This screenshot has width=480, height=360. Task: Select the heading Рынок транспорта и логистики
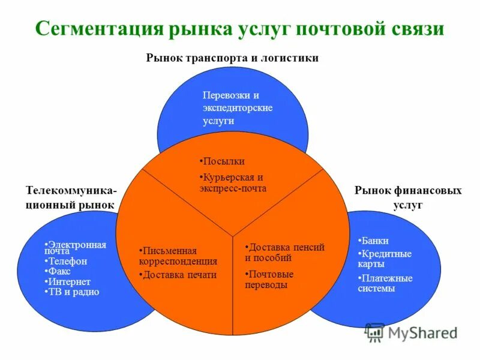pos(232,58)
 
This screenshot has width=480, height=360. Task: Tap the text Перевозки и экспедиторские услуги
pos(238,108)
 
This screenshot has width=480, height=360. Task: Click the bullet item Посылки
pos(223,161)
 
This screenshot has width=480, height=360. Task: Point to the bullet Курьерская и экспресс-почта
pos(233,183)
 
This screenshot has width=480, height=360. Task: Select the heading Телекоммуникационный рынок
pos(71,197)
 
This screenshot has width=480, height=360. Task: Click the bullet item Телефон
pos(67,262)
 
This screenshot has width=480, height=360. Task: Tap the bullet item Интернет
pos(70,282)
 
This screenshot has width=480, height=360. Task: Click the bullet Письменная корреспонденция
pos(178,256)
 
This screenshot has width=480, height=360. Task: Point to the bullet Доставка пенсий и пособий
pos(285,253)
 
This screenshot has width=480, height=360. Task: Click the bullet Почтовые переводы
pos(270,280)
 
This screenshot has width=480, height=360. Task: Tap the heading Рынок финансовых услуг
pos(408,197)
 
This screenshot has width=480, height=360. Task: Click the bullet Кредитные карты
pos(385,259)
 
